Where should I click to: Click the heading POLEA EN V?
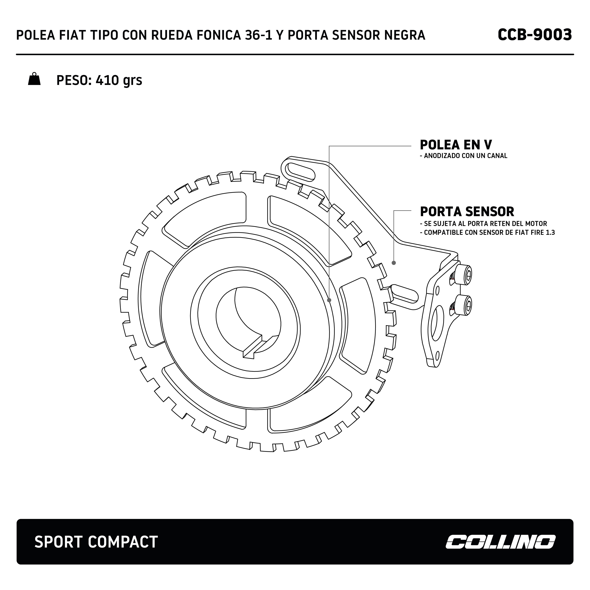[x=456, y=145]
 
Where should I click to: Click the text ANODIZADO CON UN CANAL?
[x=465, y=156]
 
